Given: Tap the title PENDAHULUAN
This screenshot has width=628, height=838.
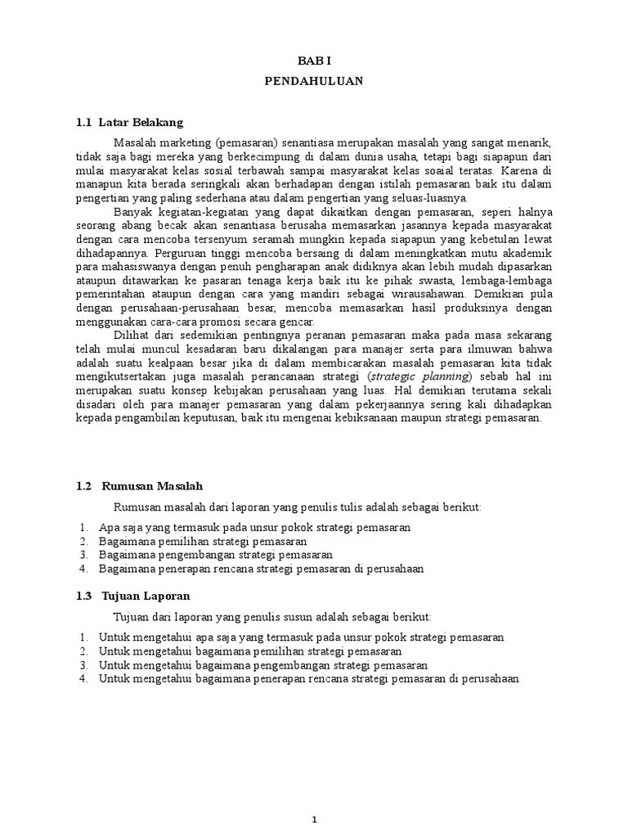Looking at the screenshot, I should pos(314,82).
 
